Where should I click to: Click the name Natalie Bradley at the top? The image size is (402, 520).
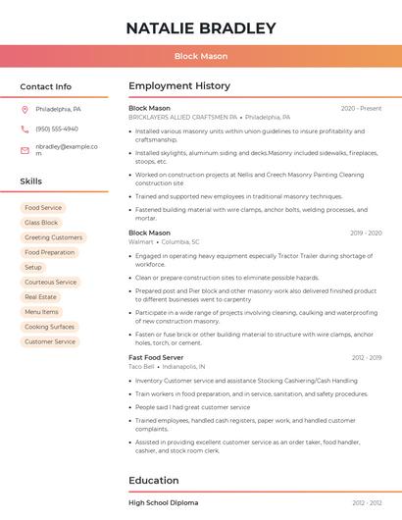pos(201,27)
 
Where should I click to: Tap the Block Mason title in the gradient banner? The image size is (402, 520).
pos(201,56)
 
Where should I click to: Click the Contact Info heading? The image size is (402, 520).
pos(46,86)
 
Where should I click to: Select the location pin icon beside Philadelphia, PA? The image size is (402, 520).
pos(25,109)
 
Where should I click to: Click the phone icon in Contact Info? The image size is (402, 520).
pos(25,129)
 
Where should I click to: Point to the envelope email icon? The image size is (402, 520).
pos(25,149)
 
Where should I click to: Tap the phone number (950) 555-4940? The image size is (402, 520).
pos(57,129)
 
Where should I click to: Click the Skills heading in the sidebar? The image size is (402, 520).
pos(31,182)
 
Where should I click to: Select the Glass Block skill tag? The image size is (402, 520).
pos(41,223)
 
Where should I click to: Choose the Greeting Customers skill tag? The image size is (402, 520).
pos(53,237)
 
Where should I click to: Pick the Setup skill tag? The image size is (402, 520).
pos(33,267)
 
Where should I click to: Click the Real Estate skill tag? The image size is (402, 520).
pos(41,296)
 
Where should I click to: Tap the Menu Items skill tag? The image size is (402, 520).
pos(41,312)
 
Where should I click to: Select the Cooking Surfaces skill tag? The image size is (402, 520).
pos(49,327)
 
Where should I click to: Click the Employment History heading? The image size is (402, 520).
pos(179,86)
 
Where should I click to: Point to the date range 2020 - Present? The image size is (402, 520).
pos(361,108)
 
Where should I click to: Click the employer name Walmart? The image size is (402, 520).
pos(141,241)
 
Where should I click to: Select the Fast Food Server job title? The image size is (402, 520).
pos(157,357)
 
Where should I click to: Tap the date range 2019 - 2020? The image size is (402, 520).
pos(366,233)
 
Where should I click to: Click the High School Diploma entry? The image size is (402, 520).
pos(163,502)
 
